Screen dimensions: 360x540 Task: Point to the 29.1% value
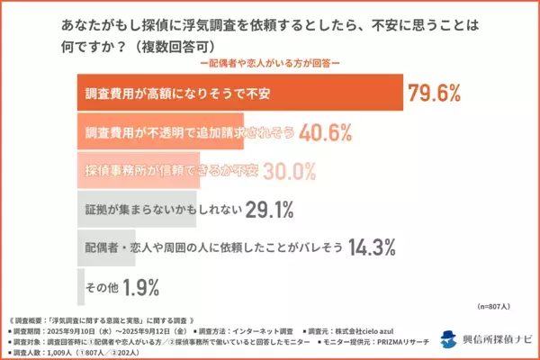(x=270, y=210)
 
